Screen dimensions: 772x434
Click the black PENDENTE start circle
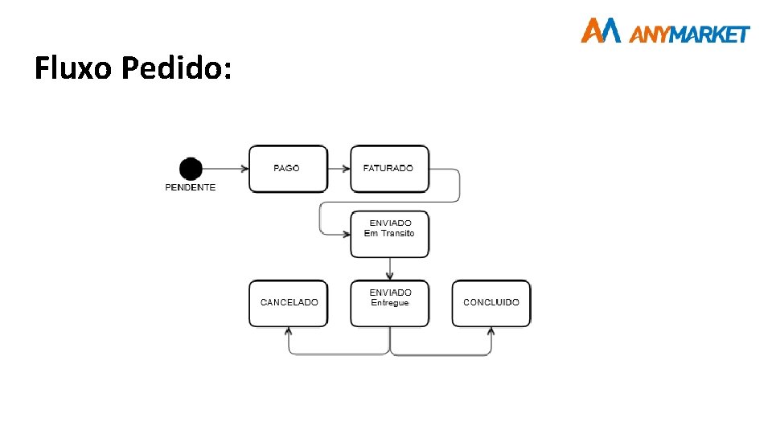click(191, 169)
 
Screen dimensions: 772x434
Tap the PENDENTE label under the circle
click(191, 187)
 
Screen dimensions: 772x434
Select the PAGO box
click(288, 169)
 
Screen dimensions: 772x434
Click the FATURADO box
click(389, 169)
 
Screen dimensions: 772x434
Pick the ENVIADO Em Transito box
click(389, 234)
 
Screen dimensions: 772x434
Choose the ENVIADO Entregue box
click(389, 303)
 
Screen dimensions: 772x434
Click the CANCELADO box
click(288, 303)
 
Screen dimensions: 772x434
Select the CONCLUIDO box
click(491, 303)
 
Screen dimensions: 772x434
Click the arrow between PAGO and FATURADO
click(339, 169)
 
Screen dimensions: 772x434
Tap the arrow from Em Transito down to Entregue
click(390, 268)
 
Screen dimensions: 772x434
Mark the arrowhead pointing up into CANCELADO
click(289, 332)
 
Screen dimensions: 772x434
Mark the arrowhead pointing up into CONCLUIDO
click(491, 332)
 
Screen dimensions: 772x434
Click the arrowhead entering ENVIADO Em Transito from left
click(345, 234)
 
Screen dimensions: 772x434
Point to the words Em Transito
click(389, 233)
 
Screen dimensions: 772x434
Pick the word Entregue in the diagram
click(390, 302)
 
